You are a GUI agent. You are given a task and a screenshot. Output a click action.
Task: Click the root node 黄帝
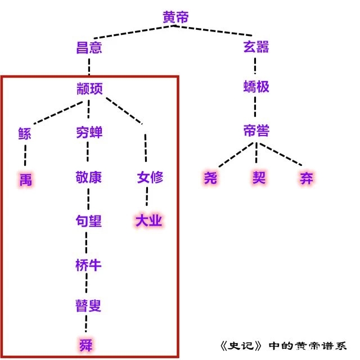[x=176, y=17]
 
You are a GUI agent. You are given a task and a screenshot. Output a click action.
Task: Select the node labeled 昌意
[x=89, y=47]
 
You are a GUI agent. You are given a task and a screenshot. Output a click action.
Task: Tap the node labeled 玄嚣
[x=256, y=47]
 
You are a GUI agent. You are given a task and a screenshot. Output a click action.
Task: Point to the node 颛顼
[x=89, y=88]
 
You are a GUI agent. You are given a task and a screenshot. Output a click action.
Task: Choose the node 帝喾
[x=256, y=132]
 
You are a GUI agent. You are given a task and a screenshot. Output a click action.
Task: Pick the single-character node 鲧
[x=25, y=133]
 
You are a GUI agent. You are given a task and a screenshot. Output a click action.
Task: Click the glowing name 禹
[x=25, y=179]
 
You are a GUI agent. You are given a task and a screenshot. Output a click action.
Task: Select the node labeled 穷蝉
[x=89, y=133]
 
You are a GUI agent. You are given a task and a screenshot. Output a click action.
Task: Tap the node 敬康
[x=89, y=178]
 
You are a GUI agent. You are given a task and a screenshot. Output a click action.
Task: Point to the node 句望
[x=89, y=220]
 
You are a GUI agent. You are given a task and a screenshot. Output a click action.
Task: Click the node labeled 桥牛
[x=89, y=264]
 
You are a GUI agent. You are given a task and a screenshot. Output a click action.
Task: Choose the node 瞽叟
[x=89, y=306]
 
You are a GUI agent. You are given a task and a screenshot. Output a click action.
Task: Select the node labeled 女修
[x=150, y=178]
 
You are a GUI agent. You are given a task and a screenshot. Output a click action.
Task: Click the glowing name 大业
[x=148, y=220]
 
